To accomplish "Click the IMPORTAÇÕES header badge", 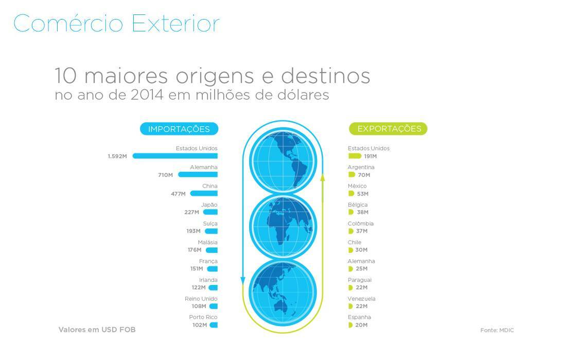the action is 179,129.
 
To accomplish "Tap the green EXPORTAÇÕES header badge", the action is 388,129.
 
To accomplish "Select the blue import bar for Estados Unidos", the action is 175,156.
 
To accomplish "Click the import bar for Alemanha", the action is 198,175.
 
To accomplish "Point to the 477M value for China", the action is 178,194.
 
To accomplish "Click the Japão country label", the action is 209,205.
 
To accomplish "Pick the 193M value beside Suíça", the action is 193,231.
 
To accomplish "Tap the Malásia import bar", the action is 212,250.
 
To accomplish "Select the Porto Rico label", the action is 203,317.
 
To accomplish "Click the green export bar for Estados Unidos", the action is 355,156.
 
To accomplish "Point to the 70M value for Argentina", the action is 364,175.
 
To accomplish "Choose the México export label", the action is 357,186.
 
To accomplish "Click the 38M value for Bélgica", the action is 362,212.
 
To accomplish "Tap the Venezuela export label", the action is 362,299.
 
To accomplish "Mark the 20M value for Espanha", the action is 361,325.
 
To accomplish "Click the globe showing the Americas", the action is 283,161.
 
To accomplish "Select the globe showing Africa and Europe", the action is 283,227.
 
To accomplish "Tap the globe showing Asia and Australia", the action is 283,293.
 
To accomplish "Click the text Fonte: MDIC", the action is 497,330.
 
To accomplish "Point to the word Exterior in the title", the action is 175,24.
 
